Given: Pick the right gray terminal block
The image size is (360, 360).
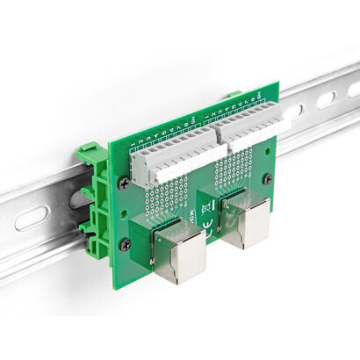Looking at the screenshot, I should (242, 132).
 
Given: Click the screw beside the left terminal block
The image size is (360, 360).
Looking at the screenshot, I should (124, 182).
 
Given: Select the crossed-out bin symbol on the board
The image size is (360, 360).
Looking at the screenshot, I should (204, 207).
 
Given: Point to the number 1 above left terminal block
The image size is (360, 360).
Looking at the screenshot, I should (132, 144).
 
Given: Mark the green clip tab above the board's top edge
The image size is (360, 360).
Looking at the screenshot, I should (234, 94).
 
